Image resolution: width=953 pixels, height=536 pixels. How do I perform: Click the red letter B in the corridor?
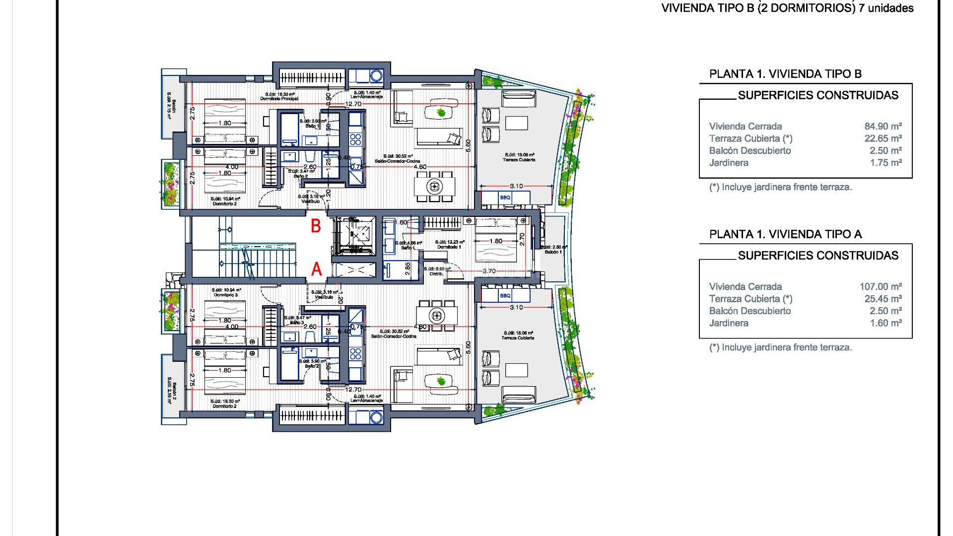pos(316,226)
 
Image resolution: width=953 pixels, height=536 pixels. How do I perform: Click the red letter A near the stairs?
pos(316,269)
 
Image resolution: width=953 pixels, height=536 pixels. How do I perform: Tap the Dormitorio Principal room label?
pos(279,99)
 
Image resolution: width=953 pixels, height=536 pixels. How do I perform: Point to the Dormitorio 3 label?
pos(226,295)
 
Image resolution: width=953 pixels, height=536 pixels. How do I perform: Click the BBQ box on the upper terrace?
pos(505,198)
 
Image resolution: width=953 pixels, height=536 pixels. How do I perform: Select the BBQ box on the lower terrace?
pos(505,296)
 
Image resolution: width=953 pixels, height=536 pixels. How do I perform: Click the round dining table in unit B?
pos(435,187)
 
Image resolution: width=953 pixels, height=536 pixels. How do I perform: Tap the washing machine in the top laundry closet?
pos(376,76)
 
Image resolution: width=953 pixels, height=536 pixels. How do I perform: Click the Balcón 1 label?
pos(553,252)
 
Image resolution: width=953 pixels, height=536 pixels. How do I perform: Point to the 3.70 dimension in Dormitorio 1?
pos(489,271)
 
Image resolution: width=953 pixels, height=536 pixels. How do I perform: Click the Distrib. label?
pos(436,274)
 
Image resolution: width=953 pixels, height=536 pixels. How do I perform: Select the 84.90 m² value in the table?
pos(883,127)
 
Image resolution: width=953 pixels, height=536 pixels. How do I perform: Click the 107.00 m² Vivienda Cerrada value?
pos(881,287)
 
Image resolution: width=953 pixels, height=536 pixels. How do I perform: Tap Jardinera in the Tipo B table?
pos(729,163)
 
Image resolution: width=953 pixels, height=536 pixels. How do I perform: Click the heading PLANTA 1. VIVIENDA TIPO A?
pos(785,234)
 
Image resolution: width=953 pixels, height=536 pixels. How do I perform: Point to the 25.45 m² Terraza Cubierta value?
pos(883,299)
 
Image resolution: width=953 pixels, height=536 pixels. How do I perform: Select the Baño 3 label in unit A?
pos(297,323)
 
